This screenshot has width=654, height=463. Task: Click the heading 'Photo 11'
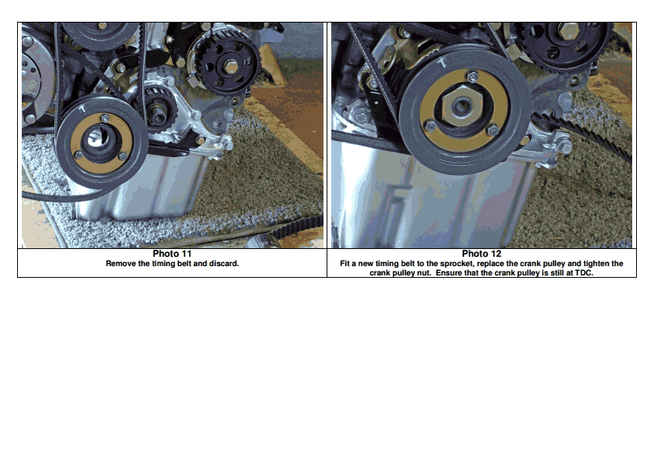(172, 254)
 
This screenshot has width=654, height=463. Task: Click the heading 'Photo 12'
(481, 254)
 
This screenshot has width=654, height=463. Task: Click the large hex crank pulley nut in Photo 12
(462, 107)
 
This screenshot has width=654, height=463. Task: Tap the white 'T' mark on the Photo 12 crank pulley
(442, 63)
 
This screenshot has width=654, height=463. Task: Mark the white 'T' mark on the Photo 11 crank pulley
(82, 109)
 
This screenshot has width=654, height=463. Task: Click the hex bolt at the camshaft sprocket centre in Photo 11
(230, 66)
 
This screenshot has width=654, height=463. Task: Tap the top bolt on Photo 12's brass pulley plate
(473, 77)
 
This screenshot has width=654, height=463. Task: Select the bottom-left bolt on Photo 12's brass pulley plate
(429, 126)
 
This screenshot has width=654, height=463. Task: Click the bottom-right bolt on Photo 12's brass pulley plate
(493, 131)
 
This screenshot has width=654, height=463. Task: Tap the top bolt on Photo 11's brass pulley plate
(105, 118)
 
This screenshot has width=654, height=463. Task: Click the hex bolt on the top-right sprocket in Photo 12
(567, 31)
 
